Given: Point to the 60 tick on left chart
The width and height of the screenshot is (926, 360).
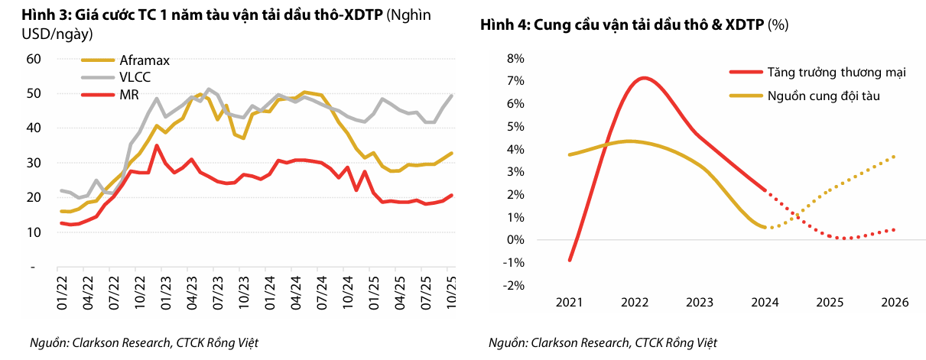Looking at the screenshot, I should coord(33,59).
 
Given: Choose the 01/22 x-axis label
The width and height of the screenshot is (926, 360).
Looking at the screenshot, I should coord(64,295).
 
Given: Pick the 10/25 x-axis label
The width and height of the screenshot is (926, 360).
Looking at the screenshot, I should coord(450,295).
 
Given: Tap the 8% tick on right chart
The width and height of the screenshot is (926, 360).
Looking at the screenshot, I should coord(514,59).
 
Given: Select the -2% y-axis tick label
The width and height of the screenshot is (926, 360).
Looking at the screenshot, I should coord(512,285).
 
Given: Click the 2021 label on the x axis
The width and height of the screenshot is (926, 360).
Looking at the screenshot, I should coord(569,302).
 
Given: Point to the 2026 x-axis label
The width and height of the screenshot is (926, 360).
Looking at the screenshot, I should coord(894,302).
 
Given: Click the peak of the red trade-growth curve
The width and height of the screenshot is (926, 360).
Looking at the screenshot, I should coord(644,78).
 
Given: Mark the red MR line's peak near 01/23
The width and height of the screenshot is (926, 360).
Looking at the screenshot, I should coord(157,145).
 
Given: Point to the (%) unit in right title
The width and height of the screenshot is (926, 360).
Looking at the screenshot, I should coord(778,25).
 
